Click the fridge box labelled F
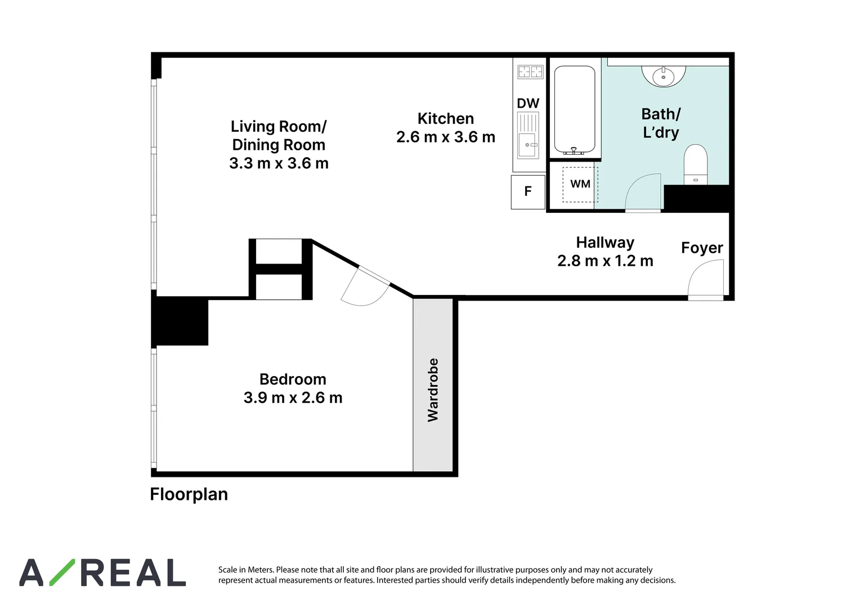click(528, 192)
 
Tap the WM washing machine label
click(580, 184)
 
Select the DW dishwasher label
click(528, 103)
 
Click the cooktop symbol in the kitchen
click(530, 72)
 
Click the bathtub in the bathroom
click(575, 110)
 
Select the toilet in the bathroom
click(696, 164)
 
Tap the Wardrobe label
click(433, 390)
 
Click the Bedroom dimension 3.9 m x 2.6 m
click(293, 397)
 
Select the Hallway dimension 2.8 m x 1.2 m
click(605, 261)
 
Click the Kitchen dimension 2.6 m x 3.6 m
click(446, 137)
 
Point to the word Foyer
click(702, 248)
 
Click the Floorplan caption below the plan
click(189, 495)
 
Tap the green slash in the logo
click(62, 573)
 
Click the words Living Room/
click(279, 127)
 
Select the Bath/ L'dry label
click(661, 123)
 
